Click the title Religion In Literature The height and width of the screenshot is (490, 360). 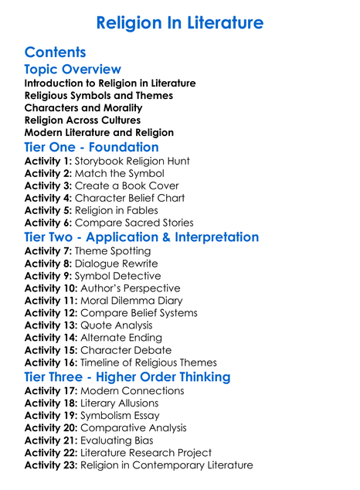tap(180, 22)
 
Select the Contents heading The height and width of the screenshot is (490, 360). tap(55, 53)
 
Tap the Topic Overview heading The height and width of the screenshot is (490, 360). tap(73, 70)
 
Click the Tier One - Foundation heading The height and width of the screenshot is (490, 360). tap(91, 147)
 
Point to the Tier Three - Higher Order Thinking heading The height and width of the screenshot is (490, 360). tap(127, 376)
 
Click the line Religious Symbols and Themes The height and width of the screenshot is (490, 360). tap(99, 95)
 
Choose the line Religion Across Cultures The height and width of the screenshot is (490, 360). tap(83, 120)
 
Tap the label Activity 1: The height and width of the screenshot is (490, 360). tap(47, 161)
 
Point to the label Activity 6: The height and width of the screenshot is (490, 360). tap(47, 223)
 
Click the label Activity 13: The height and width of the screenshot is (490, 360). tap(50, 325)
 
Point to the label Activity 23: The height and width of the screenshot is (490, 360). tap(50, 464)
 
